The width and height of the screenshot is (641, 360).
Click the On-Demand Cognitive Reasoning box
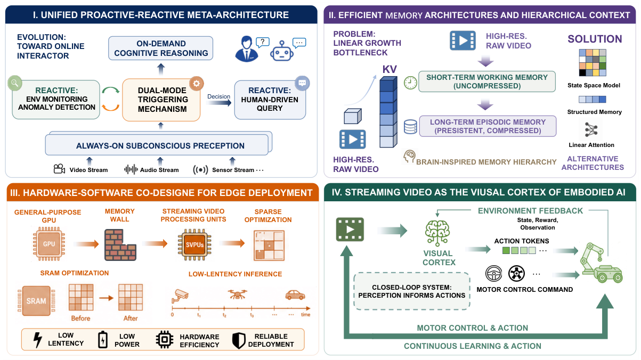160,48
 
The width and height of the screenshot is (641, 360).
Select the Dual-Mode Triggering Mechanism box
161,100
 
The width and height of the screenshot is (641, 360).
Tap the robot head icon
282,51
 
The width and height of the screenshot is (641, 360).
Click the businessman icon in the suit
246,49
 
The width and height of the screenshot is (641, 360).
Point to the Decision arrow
219,102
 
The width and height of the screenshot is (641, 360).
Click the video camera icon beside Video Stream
59,169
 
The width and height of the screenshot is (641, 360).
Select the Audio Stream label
159,170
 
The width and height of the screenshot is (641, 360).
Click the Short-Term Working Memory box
487,81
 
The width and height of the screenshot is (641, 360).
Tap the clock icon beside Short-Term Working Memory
410,83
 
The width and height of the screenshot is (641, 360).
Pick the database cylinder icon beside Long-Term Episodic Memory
410,127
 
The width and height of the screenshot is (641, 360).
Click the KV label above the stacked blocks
390,69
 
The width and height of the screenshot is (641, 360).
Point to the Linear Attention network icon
591,130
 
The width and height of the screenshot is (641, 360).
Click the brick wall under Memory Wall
120,245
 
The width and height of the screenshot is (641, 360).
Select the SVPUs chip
194,245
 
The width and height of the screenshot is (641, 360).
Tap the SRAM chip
36,301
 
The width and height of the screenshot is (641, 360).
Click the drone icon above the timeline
238,293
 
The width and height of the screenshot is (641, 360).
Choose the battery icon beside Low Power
103,340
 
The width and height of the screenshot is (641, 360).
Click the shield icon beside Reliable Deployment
239,340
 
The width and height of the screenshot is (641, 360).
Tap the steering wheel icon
493,273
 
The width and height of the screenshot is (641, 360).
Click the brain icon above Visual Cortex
437,233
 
